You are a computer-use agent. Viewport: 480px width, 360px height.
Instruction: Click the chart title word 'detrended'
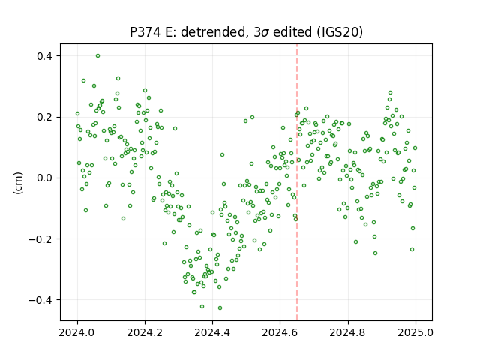214,32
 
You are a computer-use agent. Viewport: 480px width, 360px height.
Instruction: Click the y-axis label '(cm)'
18,183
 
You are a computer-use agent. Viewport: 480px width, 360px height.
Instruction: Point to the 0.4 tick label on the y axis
45,56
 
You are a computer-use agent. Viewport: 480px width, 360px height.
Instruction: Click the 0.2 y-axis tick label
45,117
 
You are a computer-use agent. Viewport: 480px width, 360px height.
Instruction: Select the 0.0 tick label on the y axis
45,178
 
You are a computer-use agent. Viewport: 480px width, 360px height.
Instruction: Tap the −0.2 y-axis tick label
41,239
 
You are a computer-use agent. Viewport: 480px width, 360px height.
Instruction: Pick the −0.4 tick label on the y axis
41,300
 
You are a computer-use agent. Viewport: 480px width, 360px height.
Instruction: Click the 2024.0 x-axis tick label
77,332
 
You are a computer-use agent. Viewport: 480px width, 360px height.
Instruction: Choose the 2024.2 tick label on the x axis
145,332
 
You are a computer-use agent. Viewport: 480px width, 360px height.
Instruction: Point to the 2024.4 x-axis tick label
212,332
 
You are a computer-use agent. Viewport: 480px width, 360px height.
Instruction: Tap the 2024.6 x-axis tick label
280,332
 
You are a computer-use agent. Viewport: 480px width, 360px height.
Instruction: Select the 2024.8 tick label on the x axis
348,332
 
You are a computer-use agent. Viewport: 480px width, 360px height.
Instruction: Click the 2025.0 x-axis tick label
415,332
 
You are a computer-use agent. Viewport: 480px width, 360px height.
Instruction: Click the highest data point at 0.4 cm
97,56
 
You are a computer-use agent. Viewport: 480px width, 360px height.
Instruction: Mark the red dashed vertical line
297,182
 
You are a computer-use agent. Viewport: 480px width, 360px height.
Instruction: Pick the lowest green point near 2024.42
220,307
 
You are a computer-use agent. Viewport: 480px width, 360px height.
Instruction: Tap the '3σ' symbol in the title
261,32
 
